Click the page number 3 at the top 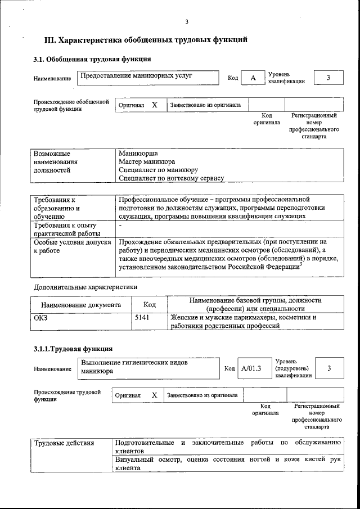tap(186, 22)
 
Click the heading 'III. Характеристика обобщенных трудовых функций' tap(146, 40)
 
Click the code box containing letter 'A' tap(253, 78)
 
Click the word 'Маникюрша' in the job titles tap(138, 153)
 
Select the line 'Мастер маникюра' tap(147, 161)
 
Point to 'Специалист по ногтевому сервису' tap(172, 178)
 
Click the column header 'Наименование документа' tap(81, 305)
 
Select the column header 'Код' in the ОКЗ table tap(150, 305)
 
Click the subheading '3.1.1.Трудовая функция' tap(73, 349)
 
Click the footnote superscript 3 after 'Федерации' tap(301, 265)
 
